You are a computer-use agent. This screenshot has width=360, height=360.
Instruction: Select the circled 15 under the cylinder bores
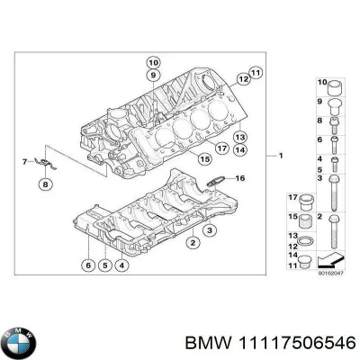(205, 158)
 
